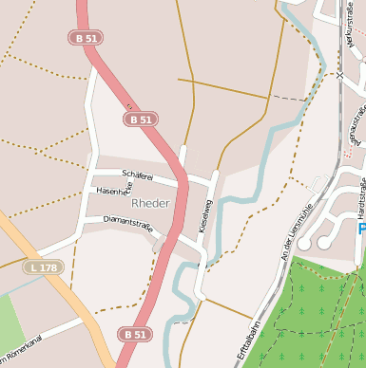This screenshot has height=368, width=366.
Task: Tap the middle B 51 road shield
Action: tap(139, 120)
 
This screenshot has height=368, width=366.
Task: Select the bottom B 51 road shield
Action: tap(135, 334)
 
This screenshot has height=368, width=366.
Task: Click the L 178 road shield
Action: tap(43, 268)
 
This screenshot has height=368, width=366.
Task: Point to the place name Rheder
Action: tap(150, 203)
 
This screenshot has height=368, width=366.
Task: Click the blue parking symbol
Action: tap(362, 228)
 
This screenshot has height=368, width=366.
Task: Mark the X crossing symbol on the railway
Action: tap(338, 73)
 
